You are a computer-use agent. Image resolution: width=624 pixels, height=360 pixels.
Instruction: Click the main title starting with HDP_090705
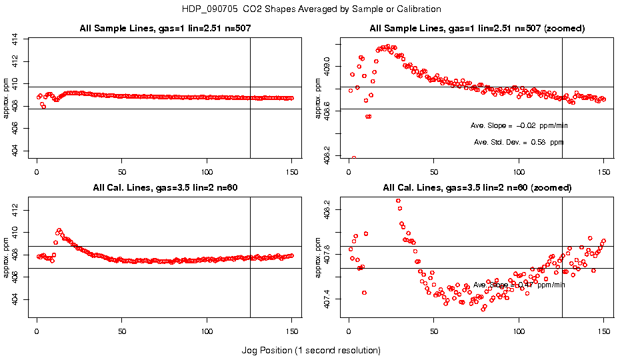pos(311,9)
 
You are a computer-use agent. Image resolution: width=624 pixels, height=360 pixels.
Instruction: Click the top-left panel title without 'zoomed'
pos(165,28)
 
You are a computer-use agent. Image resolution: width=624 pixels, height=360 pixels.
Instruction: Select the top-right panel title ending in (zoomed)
pos(477,28)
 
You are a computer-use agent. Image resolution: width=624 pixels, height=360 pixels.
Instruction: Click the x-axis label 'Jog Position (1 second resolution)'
pos(311,350)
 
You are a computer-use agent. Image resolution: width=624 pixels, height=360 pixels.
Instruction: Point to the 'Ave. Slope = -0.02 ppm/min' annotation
pos(519,125)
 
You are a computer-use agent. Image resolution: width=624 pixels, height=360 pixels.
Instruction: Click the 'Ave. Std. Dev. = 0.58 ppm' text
pos(519,142)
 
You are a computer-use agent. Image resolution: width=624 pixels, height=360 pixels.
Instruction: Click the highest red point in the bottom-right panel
pos(398,201)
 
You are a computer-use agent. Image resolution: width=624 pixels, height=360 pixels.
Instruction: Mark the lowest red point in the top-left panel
pos(43,107)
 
